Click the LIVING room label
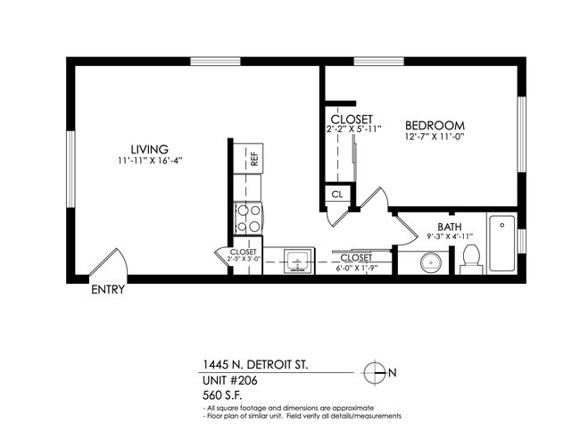tap(149, 148)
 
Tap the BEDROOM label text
tap(436, 125)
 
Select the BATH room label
tap(449, 226)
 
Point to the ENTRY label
tap(108, 290)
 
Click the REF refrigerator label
tap(254, 161)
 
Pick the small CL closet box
tap(336, 194)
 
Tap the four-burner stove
tap(247, 216)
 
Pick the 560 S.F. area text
tap(222, 394)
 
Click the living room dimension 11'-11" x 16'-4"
tap(149, 161)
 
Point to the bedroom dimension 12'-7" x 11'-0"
tap(436, 137)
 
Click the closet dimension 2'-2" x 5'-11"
tap(354, 129)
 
